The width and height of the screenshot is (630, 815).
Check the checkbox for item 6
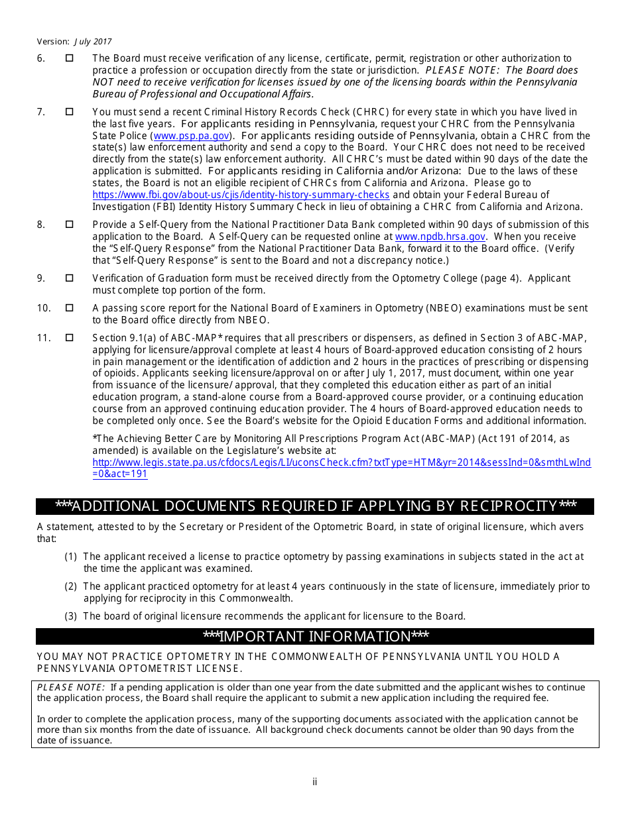tap(69, 59)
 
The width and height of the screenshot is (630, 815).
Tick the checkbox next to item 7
tap(69, 112)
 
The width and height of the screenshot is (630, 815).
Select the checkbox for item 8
tap(69, 225)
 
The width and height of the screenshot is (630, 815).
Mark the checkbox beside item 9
tap(69, 278)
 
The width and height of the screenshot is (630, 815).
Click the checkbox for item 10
tap(69, 308)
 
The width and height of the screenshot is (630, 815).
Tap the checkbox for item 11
tap(69, 338)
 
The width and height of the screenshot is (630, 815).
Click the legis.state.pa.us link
tap(341, 462)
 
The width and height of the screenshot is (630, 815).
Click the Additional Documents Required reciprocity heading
tap(315, 507)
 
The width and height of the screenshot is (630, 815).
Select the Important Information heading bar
tap(315, 637)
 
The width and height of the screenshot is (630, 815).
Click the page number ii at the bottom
tap(315, 782)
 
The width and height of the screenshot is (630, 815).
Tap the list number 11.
tap(44, 338)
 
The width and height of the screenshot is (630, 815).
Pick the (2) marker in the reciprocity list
tap(71, 586)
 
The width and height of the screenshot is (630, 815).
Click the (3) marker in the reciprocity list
tap(71, 616)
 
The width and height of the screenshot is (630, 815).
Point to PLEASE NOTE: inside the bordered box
tap(70, 688)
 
